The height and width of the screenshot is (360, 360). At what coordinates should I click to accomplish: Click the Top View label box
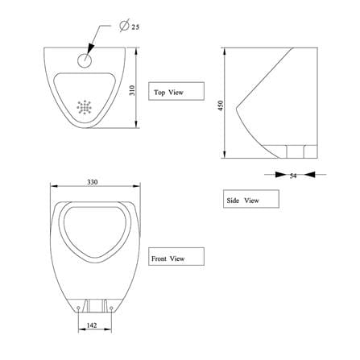[176, 91]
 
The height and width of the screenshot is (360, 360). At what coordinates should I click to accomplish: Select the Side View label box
[251, 199]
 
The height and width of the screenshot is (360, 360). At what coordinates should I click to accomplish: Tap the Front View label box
[176, 257]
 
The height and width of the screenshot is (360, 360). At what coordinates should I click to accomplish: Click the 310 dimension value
[132, 90]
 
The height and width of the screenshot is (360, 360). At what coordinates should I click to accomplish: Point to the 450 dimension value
[221, 106]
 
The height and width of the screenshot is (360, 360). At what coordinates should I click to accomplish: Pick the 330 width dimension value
[93, 182]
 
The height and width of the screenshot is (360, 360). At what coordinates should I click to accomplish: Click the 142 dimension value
[92, 325]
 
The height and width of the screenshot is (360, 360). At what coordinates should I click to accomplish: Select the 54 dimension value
[293, 176]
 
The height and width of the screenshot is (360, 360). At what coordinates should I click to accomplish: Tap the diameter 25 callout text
[130, 26]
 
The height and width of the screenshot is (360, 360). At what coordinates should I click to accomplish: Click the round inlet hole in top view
[85, 60]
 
